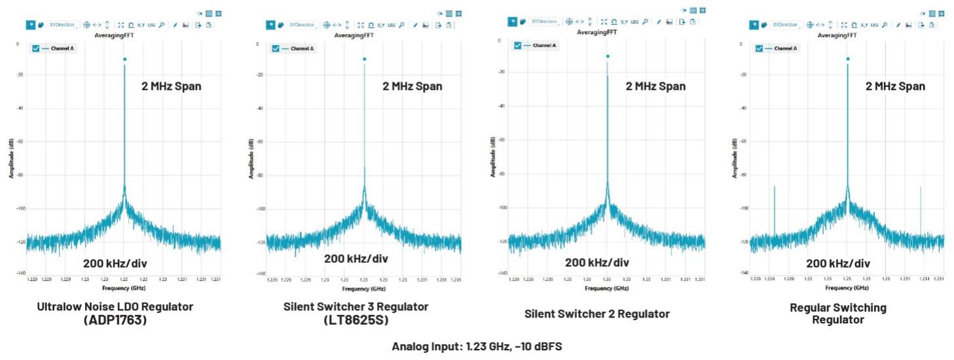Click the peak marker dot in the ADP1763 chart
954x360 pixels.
[x=124, y=60]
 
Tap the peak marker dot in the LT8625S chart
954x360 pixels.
[x=364, y=60]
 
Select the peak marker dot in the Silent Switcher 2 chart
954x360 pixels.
[x=608, y=56]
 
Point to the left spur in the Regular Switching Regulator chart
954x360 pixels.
[x=774, y=209]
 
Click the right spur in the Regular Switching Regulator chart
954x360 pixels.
[x=921, y=209]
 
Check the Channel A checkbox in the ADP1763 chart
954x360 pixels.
[x=36, y=48]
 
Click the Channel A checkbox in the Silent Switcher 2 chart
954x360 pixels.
[x=518, y=45]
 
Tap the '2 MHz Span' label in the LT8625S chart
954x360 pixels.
[x=412, y=86]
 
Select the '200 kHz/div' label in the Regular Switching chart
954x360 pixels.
[x=838, y=263]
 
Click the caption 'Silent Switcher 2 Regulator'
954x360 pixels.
[x=596, y=314]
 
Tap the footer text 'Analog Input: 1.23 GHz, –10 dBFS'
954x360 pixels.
[x=477, y=347]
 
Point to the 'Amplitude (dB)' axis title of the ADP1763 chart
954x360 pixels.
[x=11, y=157]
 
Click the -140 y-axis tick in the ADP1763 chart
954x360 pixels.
[x=20, y=273]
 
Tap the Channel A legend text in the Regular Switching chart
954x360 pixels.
[x=785, y=48]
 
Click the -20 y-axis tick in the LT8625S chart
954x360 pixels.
[x=260, y=75]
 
